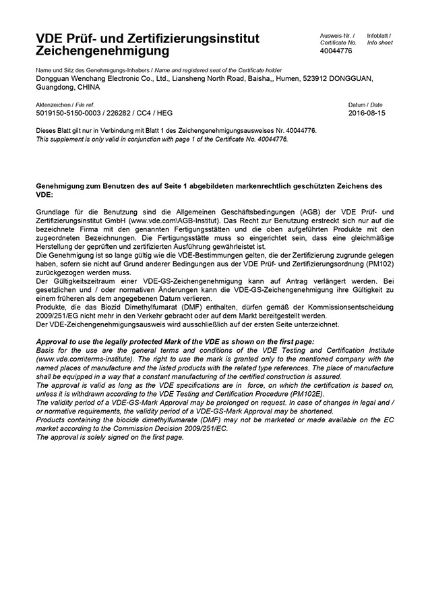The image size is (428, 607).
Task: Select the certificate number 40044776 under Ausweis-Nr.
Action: [x=336, y=51]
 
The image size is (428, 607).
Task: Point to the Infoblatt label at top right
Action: [x=379, y=35]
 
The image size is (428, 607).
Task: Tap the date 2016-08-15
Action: [x=366, y=113]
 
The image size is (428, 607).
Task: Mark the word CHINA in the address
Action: [x=88, y=87]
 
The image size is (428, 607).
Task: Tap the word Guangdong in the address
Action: [x=53, y=87]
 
